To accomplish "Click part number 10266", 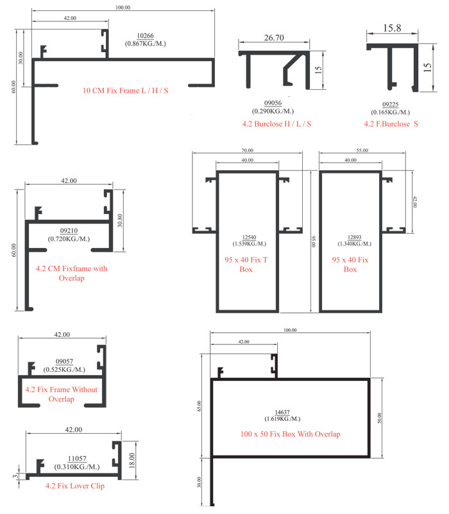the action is (145, 36).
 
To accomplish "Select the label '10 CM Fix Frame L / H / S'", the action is (125, 91).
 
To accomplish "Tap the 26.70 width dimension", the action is (274, 38).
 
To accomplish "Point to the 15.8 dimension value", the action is (392, 28).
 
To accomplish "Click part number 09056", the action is (273, 103).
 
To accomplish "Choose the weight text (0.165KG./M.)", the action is (390, 112).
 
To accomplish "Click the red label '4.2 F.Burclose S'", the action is (391, 124).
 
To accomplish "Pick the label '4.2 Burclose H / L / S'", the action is (276, 124).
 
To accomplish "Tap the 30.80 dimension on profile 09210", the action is (120, 220).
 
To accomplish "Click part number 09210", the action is (69, 231).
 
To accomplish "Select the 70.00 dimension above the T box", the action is (248, 150).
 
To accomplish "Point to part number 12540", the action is (249, 237).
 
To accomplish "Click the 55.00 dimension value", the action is (362, 150).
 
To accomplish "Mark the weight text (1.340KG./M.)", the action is (355, 244).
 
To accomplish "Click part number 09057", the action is (64, 361).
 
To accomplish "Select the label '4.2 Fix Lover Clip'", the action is (75, 486).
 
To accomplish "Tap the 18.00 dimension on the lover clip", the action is (131, 460).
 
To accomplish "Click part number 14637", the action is (282, 412).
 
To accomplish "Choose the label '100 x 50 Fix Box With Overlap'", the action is (291, 434).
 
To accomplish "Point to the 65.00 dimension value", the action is (199, 406).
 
